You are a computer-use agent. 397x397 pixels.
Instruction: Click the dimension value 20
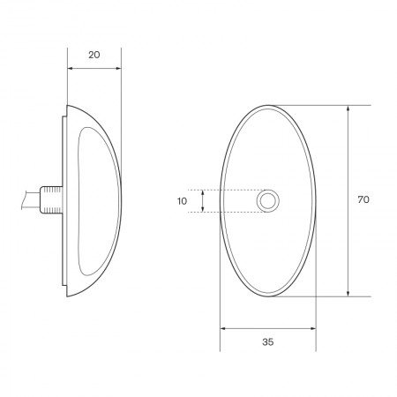[94, 55]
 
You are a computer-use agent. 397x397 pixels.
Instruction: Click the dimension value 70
[363, 200]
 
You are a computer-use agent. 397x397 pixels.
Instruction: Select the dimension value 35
[267, 341]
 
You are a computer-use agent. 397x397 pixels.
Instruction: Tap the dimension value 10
[182, 201]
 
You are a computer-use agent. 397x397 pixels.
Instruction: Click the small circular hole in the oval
[267, 201]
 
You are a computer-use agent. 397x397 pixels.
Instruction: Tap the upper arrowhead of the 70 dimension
[349, 109]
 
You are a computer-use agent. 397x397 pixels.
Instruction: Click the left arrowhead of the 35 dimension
[222, 328]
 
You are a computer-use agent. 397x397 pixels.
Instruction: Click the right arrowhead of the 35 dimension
[312, 328]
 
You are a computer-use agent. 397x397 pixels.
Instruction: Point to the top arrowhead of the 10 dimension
[203, 191]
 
